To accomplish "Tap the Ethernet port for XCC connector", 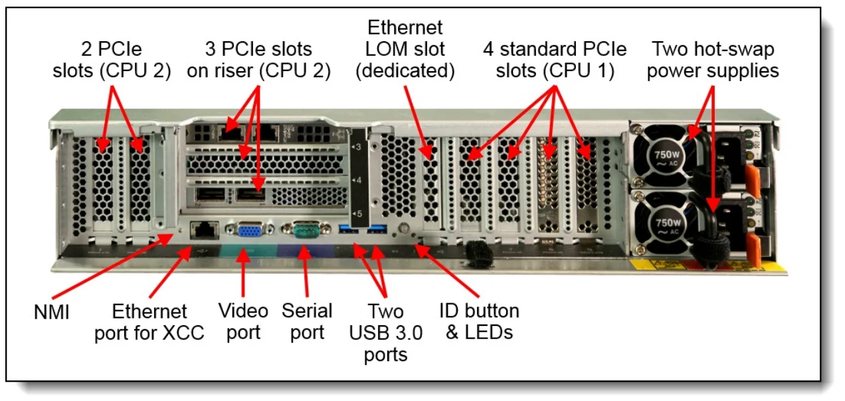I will point(202,230).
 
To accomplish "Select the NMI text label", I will point(52,312).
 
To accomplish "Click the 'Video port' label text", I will point(244,321).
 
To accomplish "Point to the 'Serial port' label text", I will point(307,321).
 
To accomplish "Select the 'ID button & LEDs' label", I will point(479,321).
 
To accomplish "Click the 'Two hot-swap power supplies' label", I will point(713,60).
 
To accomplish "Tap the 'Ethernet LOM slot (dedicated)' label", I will point(405,49).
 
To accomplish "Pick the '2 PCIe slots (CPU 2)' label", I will point(112,60).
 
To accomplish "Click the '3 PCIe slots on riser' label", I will point(258,60).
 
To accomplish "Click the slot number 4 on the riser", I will point(358,180).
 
